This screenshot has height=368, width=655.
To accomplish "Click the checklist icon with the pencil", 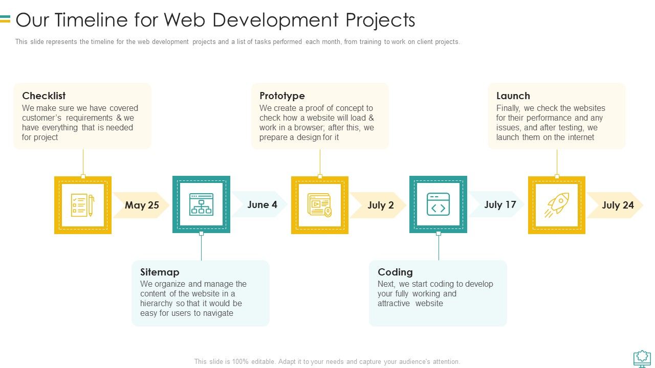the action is (x=83, y=205).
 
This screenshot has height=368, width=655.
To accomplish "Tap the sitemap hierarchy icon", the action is (x=201, y=204).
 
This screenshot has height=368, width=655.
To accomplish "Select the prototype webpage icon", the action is (x=320, y=205).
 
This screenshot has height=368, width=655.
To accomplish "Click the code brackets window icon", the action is (x=438, y=204).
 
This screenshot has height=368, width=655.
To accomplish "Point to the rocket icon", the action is (x=557, y=205).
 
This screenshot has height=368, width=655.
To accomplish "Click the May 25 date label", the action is (x=142, y=205).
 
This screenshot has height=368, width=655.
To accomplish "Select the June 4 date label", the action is (x=262, y=204).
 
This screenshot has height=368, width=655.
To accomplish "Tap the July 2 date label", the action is (x=380, y=205).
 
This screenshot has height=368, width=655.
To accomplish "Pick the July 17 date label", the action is (x=500, y=204).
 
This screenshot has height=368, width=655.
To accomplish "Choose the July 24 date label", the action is (x=618, y=205).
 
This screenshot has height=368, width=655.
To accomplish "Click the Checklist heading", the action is (x=44, y=96).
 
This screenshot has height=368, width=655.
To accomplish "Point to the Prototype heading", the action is (x=282, y=96).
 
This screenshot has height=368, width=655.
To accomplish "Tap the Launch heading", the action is (x=513, y=96).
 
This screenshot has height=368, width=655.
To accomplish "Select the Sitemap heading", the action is (x=160, y=272).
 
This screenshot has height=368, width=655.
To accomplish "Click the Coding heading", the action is (x=395, y=272).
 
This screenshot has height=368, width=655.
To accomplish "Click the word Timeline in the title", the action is (x=91, y=20).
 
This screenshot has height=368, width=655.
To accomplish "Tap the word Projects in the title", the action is (x=380, y=20).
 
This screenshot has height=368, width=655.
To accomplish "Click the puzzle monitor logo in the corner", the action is (x=642, y=359).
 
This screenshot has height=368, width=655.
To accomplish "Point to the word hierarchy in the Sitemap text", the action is (x=156, y=304).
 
